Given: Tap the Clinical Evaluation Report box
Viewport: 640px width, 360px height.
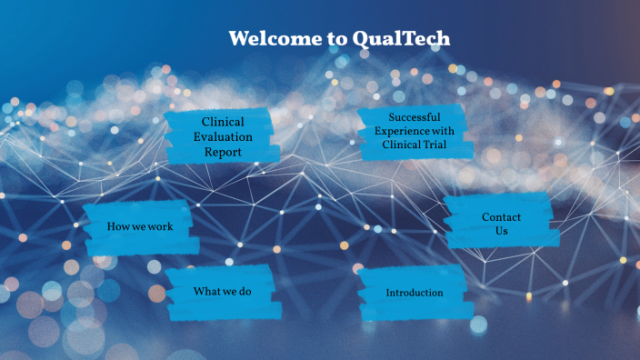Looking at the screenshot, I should coord(223,136).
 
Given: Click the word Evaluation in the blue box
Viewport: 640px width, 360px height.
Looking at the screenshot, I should coord(223,136).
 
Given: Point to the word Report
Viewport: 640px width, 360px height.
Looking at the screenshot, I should coord(223,152).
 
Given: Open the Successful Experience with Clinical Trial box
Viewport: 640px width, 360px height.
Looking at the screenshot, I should coord(414,132).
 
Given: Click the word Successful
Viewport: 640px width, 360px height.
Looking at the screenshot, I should coord(414,117).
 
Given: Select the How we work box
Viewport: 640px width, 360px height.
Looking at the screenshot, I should coord(140,227).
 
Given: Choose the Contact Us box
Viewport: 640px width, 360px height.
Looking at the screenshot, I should coord(500,224).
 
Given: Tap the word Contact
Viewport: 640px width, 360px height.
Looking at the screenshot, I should coord(501,217).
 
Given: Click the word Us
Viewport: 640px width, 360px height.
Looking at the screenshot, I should coord(501,231).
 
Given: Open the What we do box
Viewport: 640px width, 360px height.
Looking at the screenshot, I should coord(221,292).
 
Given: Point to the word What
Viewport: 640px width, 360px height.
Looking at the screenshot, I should coord(205,292).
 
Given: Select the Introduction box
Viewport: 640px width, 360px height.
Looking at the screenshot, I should coord(415,293).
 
